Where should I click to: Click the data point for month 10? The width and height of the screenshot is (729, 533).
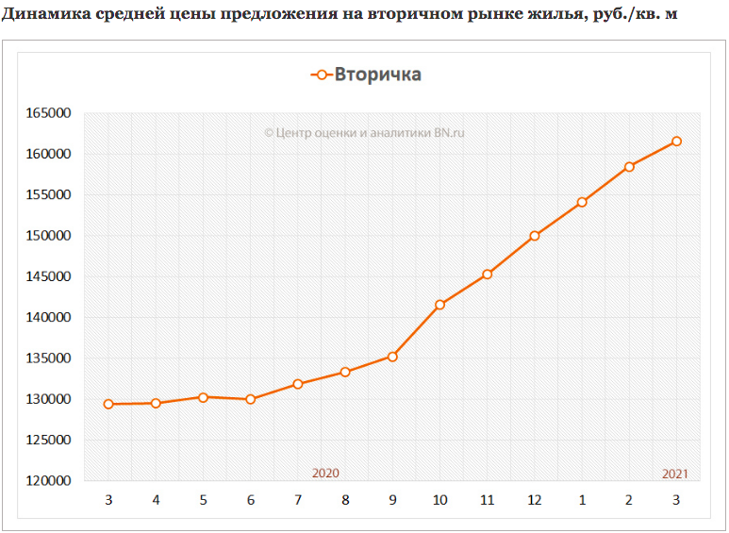click(x=439, y=305)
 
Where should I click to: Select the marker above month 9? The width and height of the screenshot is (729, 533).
click(x=392, y=357)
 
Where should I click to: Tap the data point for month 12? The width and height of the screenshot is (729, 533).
click(x=535, y=236)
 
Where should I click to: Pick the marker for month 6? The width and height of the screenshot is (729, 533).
click(x=250, y=399)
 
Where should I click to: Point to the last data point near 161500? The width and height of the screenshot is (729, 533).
click(x=676, y=142)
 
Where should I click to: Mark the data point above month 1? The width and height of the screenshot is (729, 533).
click(x=582, y=202)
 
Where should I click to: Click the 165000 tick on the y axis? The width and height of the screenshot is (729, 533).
click(x=47, y=113)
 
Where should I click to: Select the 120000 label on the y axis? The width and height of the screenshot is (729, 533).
click(x=47, y=481)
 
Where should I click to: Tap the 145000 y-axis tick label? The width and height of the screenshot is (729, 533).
click(x=47, y=276)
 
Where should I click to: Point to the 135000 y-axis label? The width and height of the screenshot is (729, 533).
click(x=47, y=358)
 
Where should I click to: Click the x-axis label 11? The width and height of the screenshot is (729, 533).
click(x=488, y=498)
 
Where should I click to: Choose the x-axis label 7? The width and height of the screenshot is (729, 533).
click(x=298, y=498)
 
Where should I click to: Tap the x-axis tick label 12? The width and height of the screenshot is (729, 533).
click(x=535, y=498)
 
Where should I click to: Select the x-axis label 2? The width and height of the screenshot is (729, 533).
click(x=629, y=498)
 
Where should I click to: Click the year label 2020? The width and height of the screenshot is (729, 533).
click(x=325, y=473)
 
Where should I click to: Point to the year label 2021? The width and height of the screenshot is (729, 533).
click(x=675, y=473)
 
